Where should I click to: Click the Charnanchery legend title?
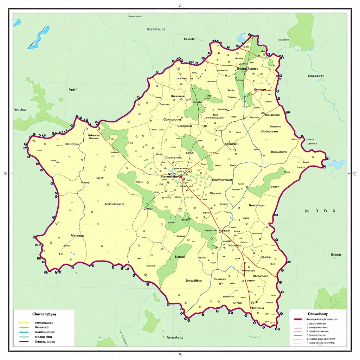tap(44, 314)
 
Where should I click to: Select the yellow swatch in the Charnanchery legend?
tap(24, 322)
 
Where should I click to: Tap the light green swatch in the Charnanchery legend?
tap(24, 327)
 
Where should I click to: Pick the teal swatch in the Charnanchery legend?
tap(24, 332)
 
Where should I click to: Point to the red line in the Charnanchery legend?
tap(24, 341)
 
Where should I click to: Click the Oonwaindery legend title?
tap(317, 314)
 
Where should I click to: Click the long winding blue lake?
tap(39, 37)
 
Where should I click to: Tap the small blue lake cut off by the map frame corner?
tap(17, 23)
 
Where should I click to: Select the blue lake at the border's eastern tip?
tap(336, 164)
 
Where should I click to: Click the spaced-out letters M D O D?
tap(320, 211)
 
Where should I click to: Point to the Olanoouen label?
tap(315, 76)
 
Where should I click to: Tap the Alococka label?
tap(156, 30)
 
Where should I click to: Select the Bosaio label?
tap(336, 255)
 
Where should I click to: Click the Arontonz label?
tap(174, 337)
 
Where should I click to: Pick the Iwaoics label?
tap(20, 110)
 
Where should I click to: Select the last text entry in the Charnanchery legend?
tap(45, 341)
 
